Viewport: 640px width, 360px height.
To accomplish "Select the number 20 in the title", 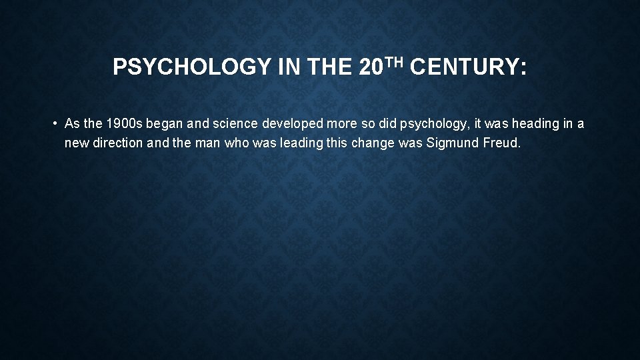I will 370,67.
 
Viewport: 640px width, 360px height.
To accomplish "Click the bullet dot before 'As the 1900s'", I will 53,124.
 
